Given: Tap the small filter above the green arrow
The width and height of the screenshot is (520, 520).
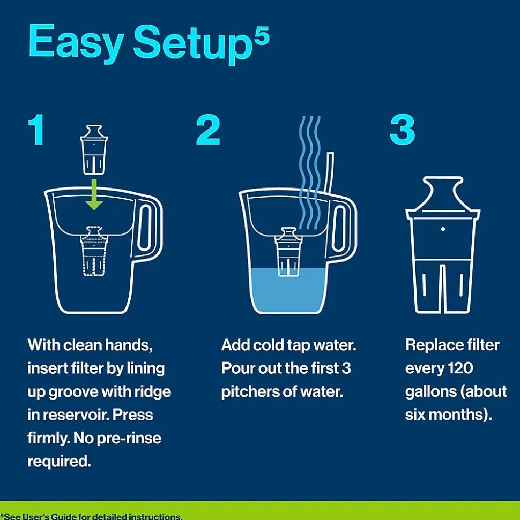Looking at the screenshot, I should click(x=94, y=149).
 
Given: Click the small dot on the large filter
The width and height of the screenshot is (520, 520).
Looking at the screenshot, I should click(x=443, y=229).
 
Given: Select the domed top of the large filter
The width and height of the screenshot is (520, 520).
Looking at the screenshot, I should click(x=442, y=193).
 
